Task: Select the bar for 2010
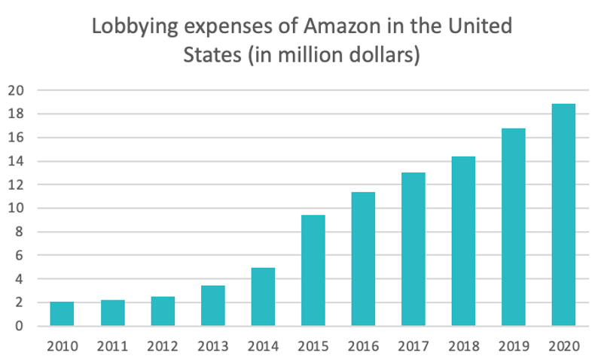pyautogui.click(x=62, y=314)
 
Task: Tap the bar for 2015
pyautogui.click(x=313, y=270)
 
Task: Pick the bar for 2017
pyautogui.click(x=413, y=249)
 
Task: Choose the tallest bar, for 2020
pyautogui.click(x=563, y=214)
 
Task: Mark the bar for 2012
pyautogui.click(x=163, y=311)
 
